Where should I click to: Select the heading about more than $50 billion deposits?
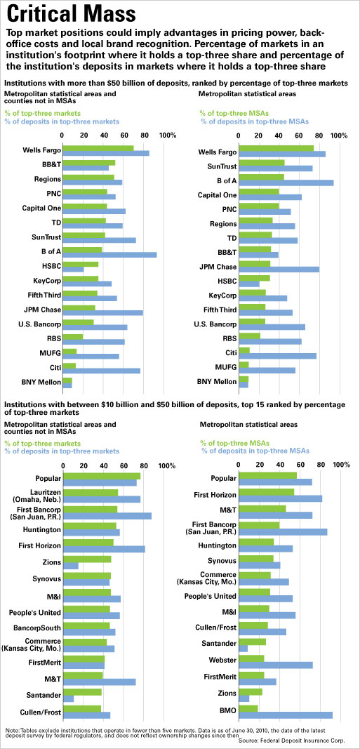tap(175, 83)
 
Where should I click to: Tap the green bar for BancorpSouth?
tap(86, 603)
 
